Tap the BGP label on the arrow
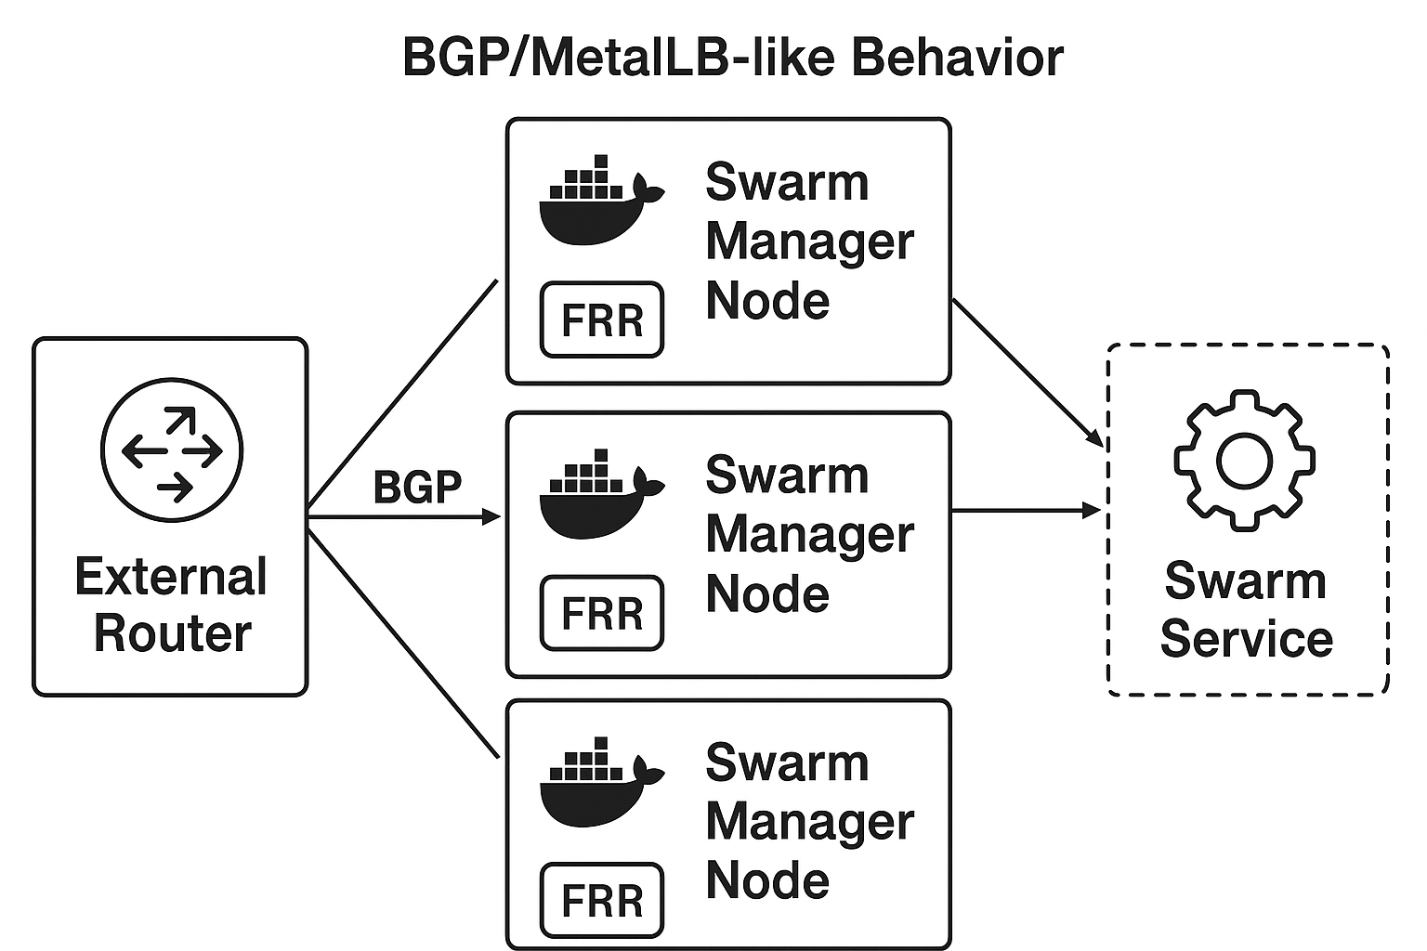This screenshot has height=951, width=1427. pos(417,487)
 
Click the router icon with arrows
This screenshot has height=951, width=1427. pos(172,450)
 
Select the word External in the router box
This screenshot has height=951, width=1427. pos(171,577)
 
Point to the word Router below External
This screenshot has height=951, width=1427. pos(173,633)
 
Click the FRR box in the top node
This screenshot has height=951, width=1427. pos(602,320)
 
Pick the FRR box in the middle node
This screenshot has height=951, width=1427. pos(602,613)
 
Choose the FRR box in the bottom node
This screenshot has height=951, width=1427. pos(602,901)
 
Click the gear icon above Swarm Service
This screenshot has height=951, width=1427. pos(1244,461)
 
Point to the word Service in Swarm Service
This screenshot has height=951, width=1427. pos(1247,639)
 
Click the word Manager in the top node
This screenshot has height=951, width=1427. pos(809,241)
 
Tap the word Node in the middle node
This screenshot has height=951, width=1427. pos(767,594)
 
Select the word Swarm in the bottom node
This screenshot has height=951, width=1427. pos(787,763)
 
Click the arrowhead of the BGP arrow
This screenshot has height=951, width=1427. pos(491,517)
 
